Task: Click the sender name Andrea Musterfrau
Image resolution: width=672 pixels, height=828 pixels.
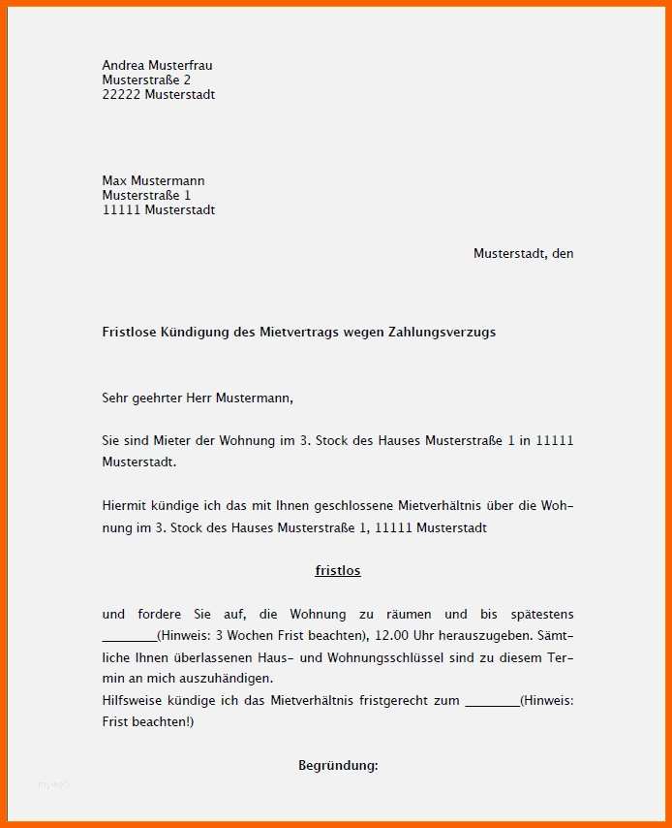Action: (x=157, y=65)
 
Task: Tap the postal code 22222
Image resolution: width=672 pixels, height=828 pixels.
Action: (x=121, y=94)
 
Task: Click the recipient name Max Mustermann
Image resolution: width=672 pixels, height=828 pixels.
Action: (x=153, y=180)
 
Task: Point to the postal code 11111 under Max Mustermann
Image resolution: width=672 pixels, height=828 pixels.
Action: (x=121, y=209)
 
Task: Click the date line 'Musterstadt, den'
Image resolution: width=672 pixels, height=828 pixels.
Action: (x=523, y=253)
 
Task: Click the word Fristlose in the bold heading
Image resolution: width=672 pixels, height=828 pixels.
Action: (x=131, y=332)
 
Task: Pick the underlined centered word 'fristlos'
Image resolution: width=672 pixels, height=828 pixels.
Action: (x=338, y=570)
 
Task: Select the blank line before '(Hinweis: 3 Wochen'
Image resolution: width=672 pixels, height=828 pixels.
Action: (x=129, y=636)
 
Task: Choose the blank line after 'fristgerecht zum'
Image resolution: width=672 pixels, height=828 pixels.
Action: (x=492, y=700)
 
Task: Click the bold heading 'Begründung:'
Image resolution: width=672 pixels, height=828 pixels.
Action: (x=338, y=765)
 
